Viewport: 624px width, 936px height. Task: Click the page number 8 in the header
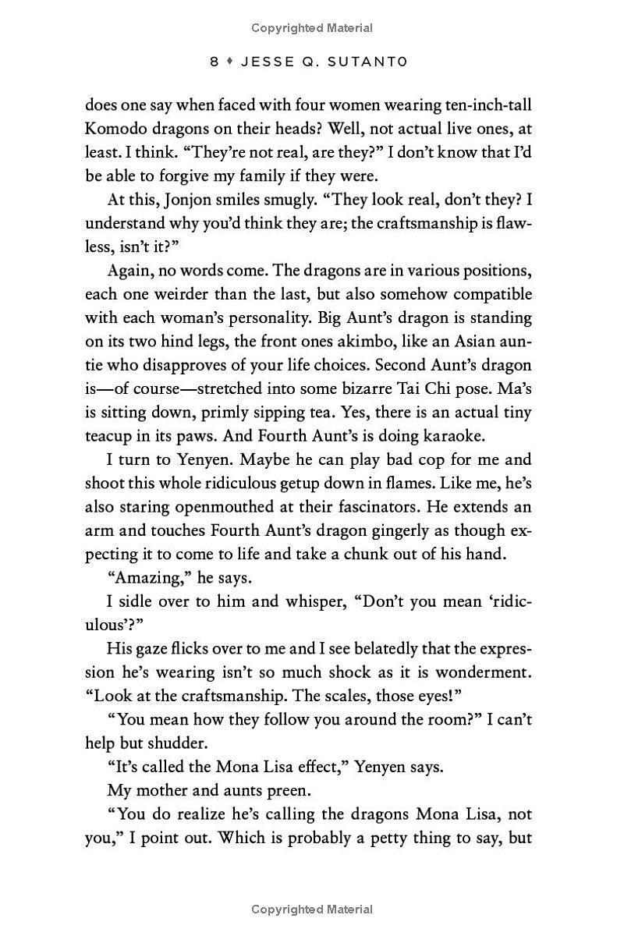click(214, 62)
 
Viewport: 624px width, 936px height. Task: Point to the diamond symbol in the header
click(231, 62)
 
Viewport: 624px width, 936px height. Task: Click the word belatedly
click(348, 649)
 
